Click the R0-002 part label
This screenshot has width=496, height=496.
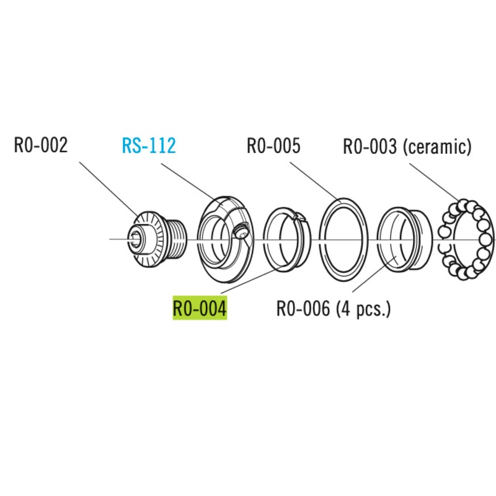point(40,146)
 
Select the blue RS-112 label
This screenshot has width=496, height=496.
point(149,146)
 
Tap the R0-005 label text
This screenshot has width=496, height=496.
point(273,146)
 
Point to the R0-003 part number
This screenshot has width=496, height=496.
point(370,147)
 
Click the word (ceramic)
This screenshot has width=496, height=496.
point(437,147)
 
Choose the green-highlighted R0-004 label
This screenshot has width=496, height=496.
point(200,308)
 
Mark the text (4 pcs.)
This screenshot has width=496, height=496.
point(364,308)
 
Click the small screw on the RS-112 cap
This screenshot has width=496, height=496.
point(241,232)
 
